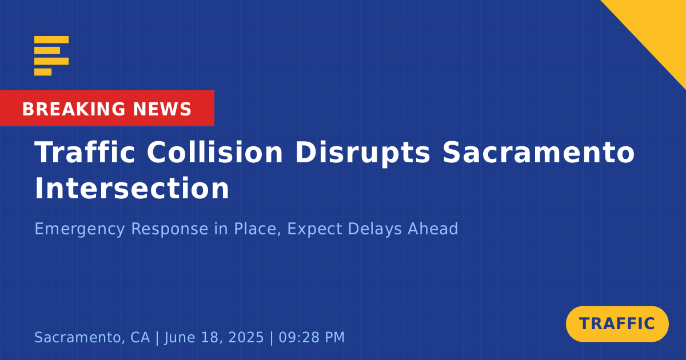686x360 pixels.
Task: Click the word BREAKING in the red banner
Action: point(74,109)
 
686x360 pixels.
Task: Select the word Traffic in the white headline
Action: point(85,152)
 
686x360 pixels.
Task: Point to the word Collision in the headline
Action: point(215,152)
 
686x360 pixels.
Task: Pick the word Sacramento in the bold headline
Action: point(539,152)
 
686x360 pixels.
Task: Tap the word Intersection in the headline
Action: point(132,188)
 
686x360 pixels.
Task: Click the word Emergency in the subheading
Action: point(79,229)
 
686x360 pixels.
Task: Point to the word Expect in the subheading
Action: point(314,229)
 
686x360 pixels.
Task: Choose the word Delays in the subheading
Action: point(374,229)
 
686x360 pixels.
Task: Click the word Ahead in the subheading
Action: point(433,229)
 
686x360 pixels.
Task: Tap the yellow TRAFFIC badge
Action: point(617,324)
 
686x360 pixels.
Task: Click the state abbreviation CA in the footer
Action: point(140,337)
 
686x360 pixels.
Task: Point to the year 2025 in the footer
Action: point(246,337)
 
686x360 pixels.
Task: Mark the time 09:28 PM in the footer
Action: point(312,337)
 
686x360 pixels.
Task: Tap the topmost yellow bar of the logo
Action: point(51,39)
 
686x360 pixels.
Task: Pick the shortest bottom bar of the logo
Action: point(43,72)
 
